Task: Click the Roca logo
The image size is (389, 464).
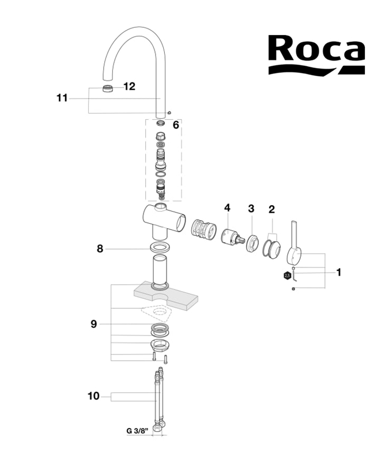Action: click(x=315, y=55)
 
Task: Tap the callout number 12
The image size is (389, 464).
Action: click(x=129, y=86)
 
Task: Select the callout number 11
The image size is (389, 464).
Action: click(x=62, y=98)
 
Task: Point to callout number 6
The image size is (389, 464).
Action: click(x=176, y=125)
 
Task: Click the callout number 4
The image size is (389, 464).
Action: click(x=227, y=208)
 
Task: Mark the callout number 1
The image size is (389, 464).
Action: click(x=339, y=272)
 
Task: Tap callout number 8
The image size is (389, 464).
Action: click(x=100, y=249)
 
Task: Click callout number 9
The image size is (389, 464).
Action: click(x=93, y=324)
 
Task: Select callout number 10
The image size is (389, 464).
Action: click(x=93, y=396)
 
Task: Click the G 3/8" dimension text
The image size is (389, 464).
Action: click(x=138, y=431)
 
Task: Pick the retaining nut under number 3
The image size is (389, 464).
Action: click(x=252, y=242)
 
